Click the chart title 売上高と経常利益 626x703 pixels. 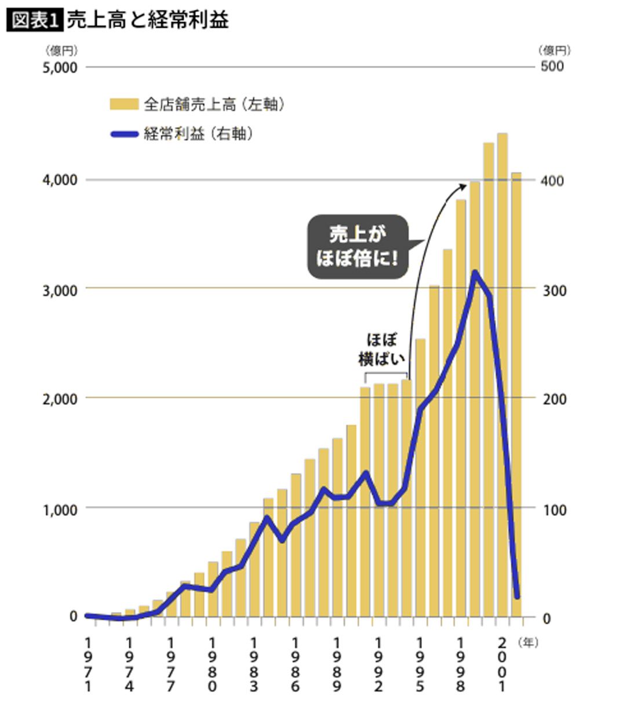[x=148, y=20]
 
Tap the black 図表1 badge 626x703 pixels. [x=35, y=21]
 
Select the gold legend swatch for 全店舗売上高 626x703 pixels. [x=124, y=104]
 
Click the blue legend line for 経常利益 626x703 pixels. [x=125, y=134]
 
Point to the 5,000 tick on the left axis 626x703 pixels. [x=59, y=67]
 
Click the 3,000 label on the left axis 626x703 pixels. [x=59, y=290]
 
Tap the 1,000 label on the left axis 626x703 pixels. [x=59, y=510]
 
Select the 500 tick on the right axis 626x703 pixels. [x=552, y=66]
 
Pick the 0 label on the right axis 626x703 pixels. [x=547, y=618]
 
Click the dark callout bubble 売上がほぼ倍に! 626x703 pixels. [x=358, y=247]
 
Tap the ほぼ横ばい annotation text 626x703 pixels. [x=382, y=349]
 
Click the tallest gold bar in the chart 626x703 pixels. [x=503, y=375]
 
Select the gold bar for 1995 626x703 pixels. [x=420, y=478]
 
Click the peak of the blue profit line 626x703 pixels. [x=475, y=272]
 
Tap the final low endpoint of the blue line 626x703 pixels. [x=517, y=597]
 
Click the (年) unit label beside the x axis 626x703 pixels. [x=528, y=643]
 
